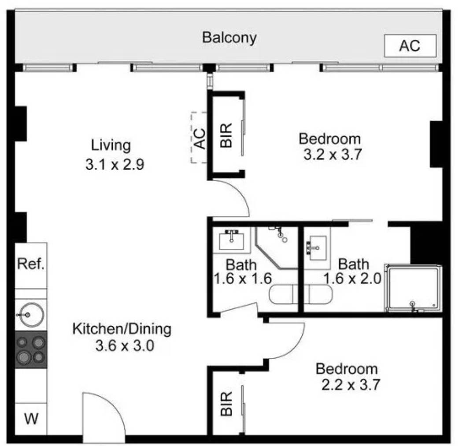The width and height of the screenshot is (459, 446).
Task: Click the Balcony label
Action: pyautogui.click(x=229, y=38)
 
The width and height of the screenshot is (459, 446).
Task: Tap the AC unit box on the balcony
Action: pyautogui.click(x=410, y=46)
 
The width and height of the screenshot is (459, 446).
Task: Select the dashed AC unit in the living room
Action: pyautogui.click(x=200, y=138)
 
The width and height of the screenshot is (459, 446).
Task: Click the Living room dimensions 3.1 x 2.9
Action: pyautogui.click(x=115, y=164)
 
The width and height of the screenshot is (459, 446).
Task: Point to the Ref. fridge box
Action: pyautogui.click(x=31, y=265)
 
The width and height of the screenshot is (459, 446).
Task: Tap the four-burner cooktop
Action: pyautogui.click(x=31, y=349)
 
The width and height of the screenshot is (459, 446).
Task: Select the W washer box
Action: pyautogui.click(x=31, y=419)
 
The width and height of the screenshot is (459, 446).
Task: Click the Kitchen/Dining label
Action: pyautogui.click(x=122, y=329)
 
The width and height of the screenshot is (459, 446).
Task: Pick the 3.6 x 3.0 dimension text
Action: pyautogui.click(x=125, y=346)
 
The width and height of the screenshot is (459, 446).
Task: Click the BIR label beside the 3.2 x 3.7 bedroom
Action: pyautogui.click(x=226, y=135)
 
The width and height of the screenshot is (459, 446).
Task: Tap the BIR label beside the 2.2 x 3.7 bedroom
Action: pyautogui.click(x=226, y=404)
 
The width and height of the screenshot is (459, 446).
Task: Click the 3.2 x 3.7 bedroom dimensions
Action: pyautogui.click(x=333, y=154)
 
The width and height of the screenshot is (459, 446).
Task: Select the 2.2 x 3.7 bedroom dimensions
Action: pyautogui.click(x=351, y=384)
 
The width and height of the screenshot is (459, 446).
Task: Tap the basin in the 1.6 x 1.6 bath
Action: pyautogui.click(x=232, y=240)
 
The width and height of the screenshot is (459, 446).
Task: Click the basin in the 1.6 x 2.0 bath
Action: pyautogui.click(x=318, y=248)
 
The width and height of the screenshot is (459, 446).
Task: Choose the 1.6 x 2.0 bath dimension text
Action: pyautogui.click(x=352, y=278)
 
